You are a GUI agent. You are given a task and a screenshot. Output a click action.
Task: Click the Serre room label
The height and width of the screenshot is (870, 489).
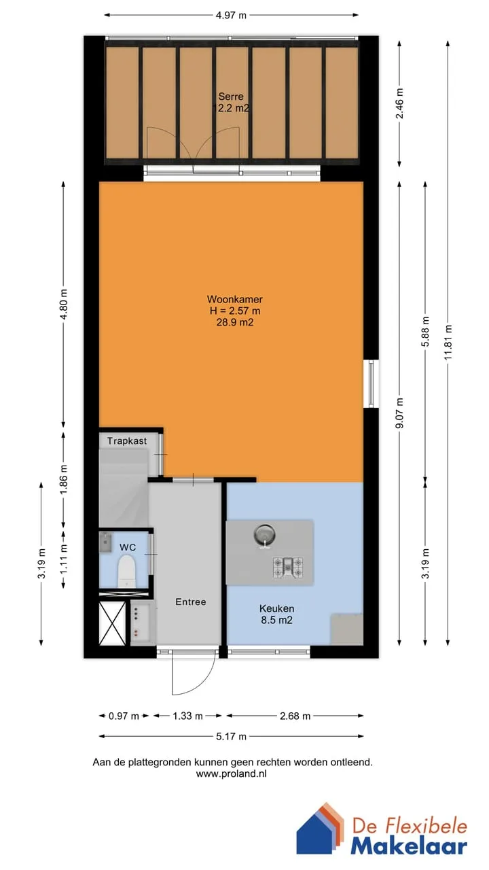coord(231,97)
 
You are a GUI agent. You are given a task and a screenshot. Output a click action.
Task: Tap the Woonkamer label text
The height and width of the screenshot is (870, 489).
coord(235,299)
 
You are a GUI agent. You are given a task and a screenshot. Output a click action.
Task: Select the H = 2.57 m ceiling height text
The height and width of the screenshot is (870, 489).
coord(235,311)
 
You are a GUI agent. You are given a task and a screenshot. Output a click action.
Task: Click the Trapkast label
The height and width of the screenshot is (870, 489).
coord(127,441)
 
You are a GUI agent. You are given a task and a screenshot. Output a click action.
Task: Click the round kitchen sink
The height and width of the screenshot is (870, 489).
coord(265,535)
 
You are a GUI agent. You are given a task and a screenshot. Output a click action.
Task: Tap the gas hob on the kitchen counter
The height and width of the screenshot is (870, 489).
coord(287,568)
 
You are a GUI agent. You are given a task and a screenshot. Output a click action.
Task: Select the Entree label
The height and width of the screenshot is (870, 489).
coord(191,602)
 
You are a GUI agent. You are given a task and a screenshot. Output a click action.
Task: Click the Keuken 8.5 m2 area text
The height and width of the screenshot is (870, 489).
coord(276,614)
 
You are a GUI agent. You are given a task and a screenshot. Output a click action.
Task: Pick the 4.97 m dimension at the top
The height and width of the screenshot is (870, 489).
coord(232,16)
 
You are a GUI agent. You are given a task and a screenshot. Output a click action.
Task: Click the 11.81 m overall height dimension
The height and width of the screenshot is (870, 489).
coord(449,342)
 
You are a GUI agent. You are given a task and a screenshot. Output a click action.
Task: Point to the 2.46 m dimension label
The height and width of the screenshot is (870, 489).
coord(400,103)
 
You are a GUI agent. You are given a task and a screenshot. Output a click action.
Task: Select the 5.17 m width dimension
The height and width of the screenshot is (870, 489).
coord(232,736)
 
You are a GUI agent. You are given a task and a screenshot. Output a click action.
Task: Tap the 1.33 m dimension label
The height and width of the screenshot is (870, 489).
coord(188,716)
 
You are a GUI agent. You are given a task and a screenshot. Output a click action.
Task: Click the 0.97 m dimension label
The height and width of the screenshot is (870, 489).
coord(124,716)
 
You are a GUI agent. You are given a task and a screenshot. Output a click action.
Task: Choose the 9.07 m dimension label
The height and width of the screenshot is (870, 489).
coord(400,413)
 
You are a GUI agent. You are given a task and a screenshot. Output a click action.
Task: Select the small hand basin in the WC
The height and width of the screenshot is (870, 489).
coord(105,542)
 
